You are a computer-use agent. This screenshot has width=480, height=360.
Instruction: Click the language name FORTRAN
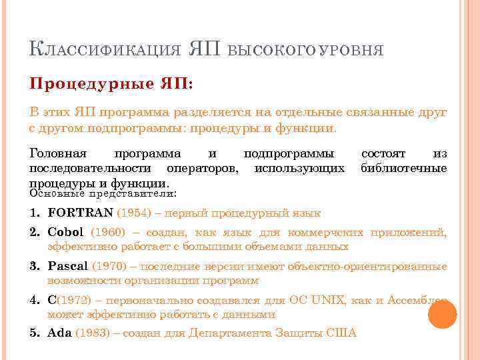[x=81, y=213]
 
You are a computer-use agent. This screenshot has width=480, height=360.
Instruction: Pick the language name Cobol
[x=65, y=232]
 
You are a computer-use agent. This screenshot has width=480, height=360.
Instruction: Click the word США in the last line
[x=343, y=333]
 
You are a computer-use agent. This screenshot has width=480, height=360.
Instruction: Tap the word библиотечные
[x=403, y=167]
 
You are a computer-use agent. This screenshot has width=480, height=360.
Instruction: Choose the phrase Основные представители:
[x=104, y=193]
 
